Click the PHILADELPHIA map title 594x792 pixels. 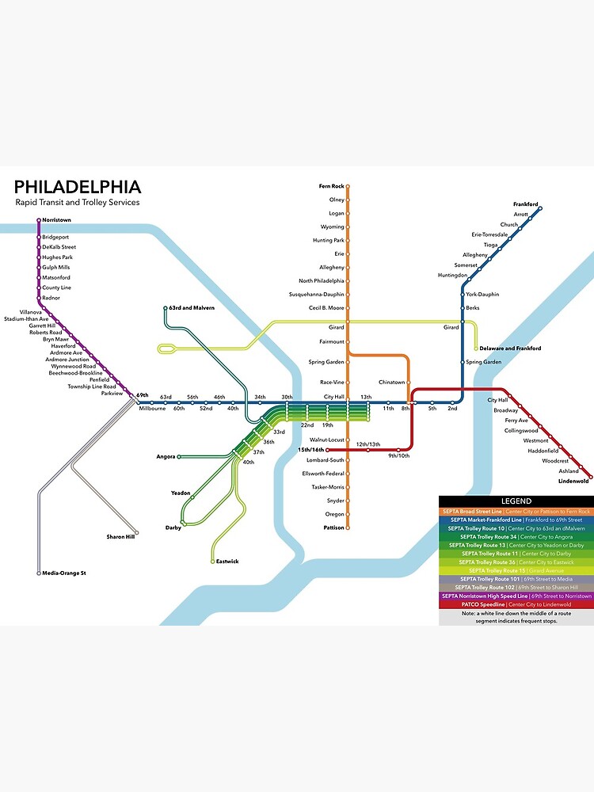pos(78,188)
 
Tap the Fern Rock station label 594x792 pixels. pos(331,186)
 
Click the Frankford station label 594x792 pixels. pos(525,204)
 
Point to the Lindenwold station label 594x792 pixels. pos(573,481)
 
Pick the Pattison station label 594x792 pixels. pos(333,527)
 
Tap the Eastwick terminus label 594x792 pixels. pos(227,562)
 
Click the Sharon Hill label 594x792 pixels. pos(122,537)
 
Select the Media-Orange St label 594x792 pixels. pos(63,573)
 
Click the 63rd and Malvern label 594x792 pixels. pos(192,307)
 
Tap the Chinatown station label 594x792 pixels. pos(391,382)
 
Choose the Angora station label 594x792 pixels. pos(166,457)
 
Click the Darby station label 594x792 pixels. pos(173,527)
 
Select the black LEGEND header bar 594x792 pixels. pos(516,501)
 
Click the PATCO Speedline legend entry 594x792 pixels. pos(516,604)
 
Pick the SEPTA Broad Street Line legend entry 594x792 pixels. pos(516,512)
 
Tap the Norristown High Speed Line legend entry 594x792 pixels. pos(516,596)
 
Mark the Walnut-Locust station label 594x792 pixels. pos(326,439)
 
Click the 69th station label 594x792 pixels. pos(143,394)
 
